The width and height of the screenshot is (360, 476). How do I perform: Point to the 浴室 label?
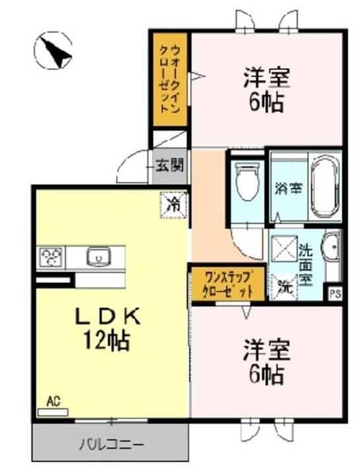point(288,188)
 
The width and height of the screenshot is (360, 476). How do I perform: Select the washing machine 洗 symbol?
point(285,287)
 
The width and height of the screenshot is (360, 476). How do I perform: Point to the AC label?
point(54,401)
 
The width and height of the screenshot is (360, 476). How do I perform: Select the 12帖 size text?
point(106,341)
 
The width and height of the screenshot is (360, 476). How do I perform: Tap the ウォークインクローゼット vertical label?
point(170,79)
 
